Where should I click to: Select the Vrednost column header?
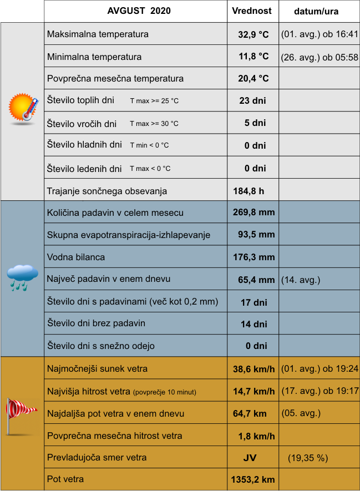tap(252, 11)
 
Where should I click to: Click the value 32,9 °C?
tap(253, 34)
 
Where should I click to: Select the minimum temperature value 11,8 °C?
tap(253, 57)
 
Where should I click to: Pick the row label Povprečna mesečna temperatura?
tap(115, 79)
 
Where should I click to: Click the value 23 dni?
tap(253, 101)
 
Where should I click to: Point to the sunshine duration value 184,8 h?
tap(249, 191)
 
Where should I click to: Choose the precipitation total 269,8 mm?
tap(253, 212)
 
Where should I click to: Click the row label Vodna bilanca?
tap(76, 257)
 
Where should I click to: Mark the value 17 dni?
tap(254, 302)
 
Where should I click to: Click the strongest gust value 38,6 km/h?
tap(253, 369)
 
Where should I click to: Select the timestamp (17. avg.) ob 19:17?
tap(320, 391)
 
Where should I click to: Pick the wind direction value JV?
tap(250, 458)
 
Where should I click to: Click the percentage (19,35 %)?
tap(308, 458)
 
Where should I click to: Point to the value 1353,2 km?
tap(252, 479)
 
